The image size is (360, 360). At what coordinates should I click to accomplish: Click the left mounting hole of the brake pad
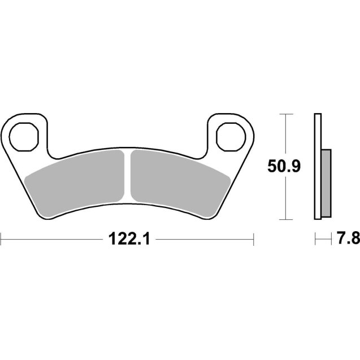point(27,135)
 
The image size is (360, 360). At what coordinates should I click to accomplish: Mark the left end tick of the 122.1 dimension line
point(1,240)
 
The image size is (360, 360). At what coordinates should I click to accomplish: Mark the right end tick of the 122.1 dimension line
point(254,240)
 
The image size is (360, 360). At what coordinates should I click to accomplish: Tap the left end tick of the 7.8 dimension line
point(314,240)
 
